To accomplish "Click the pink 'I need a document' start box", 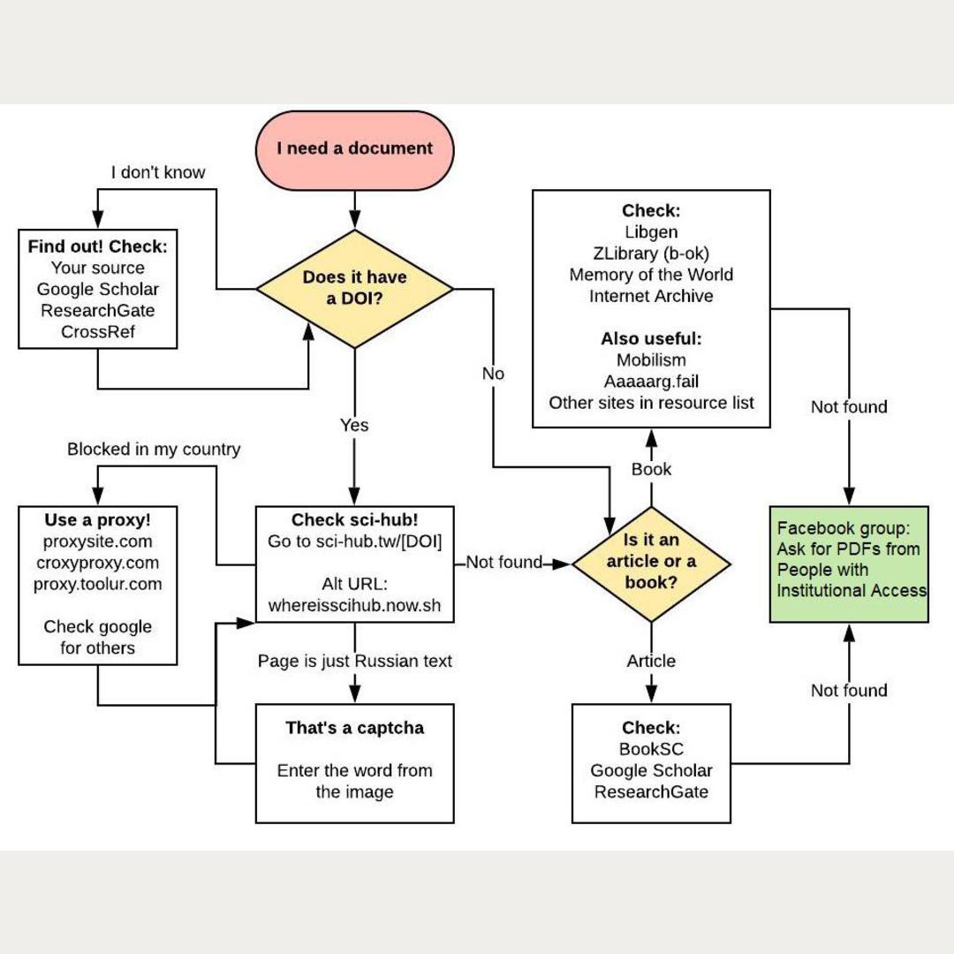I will point(354,149).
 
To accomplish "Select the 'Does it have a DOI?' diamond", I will point(354,288).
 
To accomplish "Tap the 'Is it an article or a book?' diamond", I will point(651,562).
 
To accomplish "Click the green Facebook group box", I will point(849,564).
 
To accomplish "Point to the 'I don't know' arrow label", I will point(158,172).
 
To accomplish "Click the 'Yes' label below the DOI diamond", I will point(354,426).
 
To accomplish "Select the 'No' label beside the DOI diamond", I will point(493,374).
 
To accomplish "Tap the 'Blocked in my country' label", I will point(154,450).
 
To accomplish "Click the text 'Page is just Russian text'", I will point(354,661).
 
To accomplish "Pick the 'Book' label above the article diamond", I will point(651,469).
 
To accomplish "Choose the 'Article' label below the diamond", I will point(651,661).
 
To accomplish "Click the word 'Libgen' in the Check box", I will point(651,232).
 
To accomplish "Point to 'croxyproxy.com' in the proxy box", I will point(97,563).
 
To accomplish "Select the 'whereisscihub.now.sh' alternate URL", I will point(354,605).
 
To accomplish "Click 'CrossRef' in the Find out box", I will point(97,331).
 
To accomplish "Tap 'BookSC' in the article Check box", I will point(651,749).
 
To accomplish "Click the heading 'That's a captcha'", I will point(354,728).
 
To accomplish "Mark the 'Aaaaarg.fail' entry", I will point(651,382).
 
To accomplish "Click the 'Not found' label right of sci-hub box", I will point(503,563).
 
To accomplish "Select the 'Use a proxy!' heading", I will point(97,520).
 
